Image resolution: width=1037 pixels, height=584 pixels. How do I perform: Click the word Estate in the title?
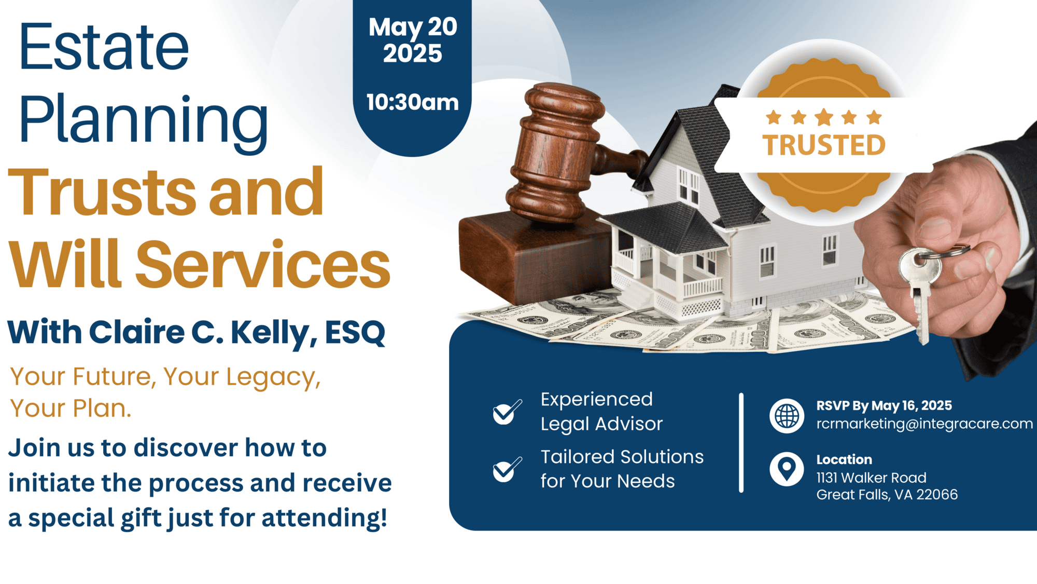(104, 46)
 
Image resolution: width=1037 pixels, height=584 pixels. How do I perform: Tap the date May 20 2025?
(413, 40)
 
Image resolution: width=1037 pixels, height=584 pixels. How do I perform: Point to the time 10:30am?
(413, 102)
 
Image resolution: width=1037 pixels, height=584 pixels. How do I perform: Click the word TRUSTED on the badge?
(824, 145)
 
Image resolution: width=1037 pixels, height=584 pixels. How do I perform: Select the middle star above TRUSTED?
(824, 117)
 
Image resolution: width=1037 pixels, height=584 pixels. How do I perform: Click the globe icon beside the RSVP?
(787, 415)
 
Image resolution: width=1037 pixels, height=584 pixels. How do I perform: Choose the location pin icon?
(787, 469)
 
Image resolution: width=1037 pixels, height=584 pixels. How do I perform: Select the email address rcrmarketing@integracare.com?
(924, 424)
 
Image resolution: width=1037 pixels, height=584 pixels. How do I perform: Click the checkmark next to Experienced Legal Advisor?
(507, 412)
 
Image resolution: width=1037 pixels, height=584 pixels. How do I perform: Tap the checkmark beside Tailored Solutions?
(507, 469)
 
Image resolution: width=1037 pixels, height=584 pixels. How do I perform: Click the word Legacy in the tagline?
(273, 377)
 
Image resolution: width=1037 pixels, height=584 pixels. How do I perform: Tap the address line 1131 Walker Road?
(871, 478)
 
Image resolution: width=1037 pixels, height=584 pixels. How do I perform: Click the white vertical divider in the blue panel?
(741, 442)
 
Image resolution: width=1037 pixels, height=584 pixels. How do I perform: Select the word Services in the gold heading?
(262, 264)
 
